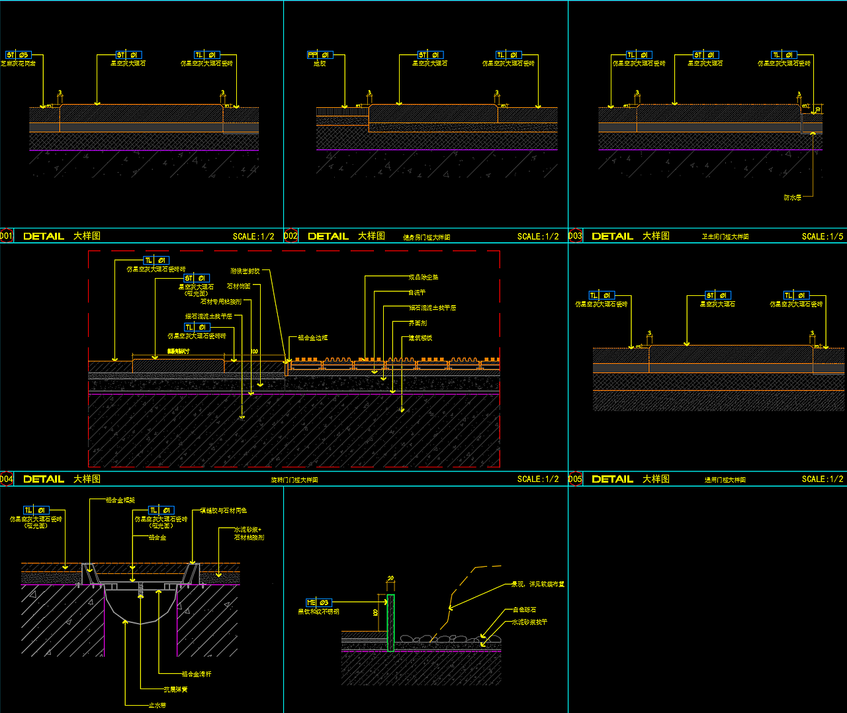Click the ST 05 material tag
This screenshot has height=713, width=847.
[x=18, y=55]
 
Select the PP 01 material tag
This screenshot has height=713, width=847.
[x=320, y=55]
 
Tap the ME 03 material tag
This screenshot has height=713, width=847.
[x=318, y=602]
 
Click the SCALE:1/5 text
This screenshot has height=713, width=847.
[x=823, y=236]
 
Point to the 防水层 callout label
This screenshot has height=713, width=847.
[x=792, y=197]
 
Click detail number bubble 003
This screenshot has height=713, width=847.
[x=575, y=236]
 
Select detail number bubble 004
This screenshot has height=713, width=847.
[x=7, y=479]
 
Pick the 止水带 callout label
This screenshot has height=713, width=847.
[x=157, y=705]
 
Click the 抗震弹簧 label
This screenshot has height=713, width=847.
[x=176, y=689]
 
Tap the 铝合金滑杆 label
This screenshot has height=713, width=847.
[x=197, y=674]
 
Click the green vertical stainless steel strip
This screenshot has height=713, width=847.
[x=390, y=622]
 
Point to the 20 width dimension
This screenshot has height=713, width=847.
[x=390, y=579]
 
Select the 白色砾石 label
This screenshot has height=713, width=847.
[x=525, y=610]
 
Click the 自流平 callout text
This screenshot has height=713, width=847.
[x=417, y=292]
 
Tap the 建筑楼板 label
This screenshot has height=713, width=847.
[x=420, y=338]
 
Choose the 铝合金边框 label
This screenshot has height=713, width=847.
[x=312, y=338]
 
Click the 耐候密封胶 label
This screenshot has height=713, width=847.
[x=245, y=271]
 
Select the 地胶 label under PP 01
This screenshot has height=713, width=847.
[x=320, y=64]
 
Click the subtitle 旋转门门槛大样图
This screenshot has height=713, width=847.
[x=294, y=480]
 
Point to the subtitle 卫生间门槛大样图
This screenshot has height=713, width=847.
[x=725, y=237]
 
